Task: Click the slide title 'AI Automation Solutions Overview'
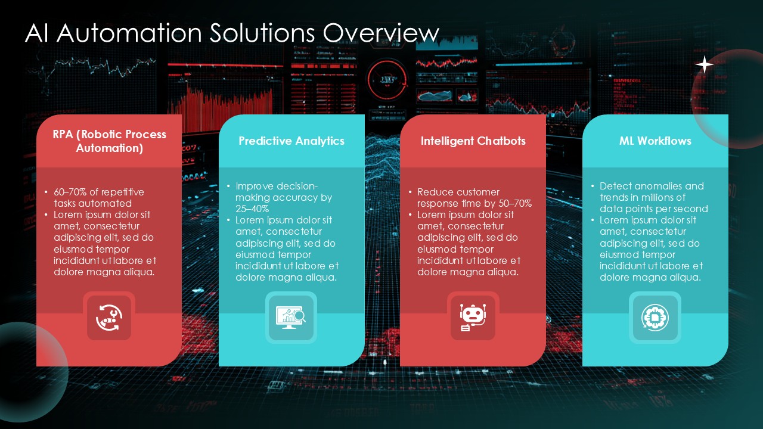[x=232, y=34]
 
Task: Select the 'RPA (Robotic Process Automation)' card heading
[x=109, y=141]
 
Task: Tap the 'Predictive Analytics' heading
[x=291, y=141]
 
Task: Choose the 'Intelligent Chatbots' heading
[x=473, y=141]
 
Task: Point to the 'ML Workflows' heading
[x=655, y=141]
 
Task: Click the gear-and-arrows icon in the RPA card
[x=109, y=318]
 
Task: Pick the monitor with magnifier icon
[x=291, y=318]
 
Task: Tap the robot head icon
[x=473, y=318]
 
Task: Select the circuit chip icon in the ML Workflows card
[x=655, y=318]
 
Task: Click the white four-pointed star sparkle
[x=705, y=65]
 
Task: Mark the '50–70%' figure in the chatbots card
[x=514, y=204]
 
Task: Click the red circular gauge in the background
[x=387, y=79]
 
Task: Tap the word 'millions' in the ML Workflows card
[x=666, y=198]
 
